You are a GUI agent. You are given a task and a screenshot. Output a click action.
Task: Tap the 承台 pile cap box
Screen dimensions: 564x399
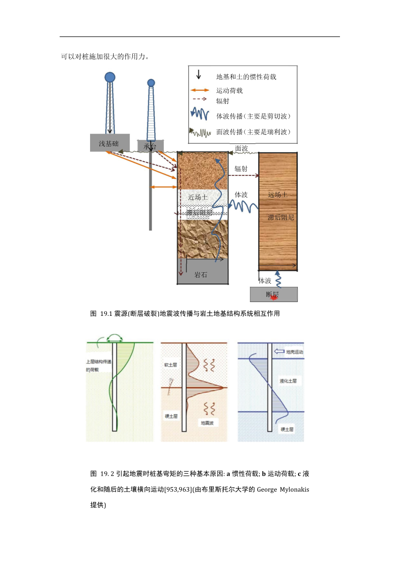click(150, 146)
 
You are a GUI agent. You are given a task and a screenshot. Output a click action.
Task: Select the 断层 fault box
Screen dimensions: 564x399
click(274, 295)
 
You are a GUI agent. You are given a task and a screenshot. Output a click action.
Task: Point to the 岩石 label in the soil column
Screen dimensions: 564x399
click(201, 275)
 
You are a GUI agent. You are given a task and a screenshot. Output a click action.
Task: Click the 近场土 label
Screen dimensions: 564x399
click(198, 197)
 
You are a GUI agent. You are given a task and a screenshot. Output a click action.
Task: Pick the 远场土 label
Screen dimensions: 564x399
click(277, 195)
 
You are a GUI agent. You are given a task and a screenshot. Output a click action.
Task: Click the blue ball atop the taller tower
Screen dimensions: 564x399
click(110, 78)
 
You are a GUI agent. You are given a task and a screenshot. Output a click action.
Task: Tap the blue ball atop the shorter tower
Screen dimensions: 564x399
click(151, 83)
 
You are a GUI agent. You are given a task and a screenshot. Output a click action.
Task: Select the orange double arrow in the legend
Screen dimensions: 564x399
click(199, 90)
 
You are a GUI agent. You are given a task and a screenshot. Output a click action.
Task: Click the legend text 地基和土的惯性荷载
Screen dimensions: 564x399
click(246, 77)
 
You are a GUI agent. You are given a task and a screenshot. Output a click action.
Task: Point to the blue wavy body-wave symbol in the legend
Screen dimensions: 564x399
click(199, 114)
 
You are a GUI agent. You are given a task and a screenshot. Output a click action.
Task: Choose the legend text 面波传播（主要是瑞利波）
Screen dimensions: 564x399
click(253, 132)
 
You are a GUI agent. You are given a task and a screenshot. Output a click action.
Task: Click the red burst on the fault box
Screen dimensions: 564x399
click(274, 297)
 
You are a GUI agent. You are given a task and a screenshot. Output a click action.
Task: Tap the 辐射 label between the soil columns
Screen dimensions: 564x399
click(241, 168)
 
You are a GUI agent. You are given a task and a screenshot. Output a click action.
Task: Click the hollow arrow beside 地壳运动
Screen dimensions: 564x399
click(279, 352)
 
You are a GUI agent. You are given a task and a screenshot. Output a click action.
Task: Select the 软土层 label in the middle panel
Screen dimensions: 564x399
click(170, 365)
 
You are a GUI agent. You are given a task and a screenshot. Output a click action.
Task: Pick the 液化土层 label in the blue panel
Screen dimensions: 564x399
click(288, 381)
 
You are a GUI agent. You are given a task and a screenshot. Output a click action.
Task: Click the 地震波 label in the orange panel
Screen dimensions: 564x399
click(207, 423)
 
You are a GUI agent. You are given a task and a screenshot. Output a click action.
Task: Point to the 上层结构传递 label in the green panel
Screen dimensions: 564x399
click(98, 361)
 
